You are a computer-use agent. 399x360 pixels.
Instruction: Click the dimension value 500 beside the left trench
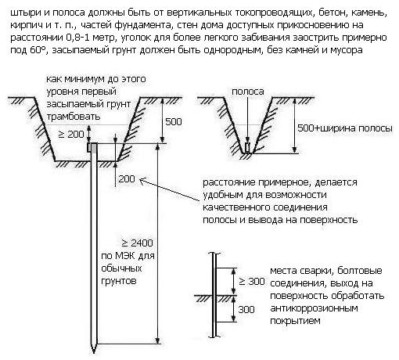[x=174, y=121]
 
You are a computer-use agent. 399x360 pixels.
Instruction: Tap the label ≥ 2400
[x=137, y=243]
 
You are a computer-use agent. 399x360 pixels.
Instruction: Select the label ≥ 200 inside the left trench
[x=71, y=134]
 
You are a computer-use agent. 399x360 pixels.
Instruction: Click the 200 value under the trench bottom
[x=127, y=179]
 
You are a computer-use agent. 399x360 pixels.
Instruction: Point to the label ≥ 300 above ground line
[x=252, y=282]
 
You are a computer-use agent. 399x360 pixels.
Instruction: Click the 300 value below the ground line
[x=246, y=309]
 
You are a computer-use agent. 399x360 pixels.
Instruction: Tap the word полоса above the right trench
[x=248, y=92]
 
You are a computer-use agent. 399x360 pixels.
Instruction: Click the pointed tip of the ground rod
[x=94, y=352]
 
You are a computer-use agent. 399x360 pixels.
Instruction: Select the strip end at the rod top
[x=89, y=147]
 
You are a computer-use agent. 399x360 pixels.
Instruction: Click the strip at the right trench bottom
[x=247, y=148]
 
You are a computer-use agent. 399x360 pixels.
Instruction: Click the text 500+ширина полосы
[x=345, y=128]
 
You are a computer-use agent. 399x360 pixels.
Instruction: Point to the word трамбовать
[x=74, y=117]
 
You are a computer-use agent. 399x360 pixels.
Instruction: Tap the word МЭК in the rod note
[x=125, y=256]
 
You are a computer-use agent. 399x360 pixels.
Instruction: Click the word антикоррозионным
[x=314, y=308]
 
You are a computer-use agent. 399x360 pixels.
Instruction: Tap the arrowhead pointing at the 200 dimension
[x=142, y=180]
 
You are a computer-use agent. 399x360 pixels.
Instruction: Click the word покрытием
[x=295, y=321]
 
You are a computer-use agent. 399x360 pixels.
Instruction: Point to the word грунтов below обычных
[x=119, y=281]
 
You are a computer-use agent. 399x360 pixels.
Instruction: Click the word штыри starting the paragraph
[x=24, y=13]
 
